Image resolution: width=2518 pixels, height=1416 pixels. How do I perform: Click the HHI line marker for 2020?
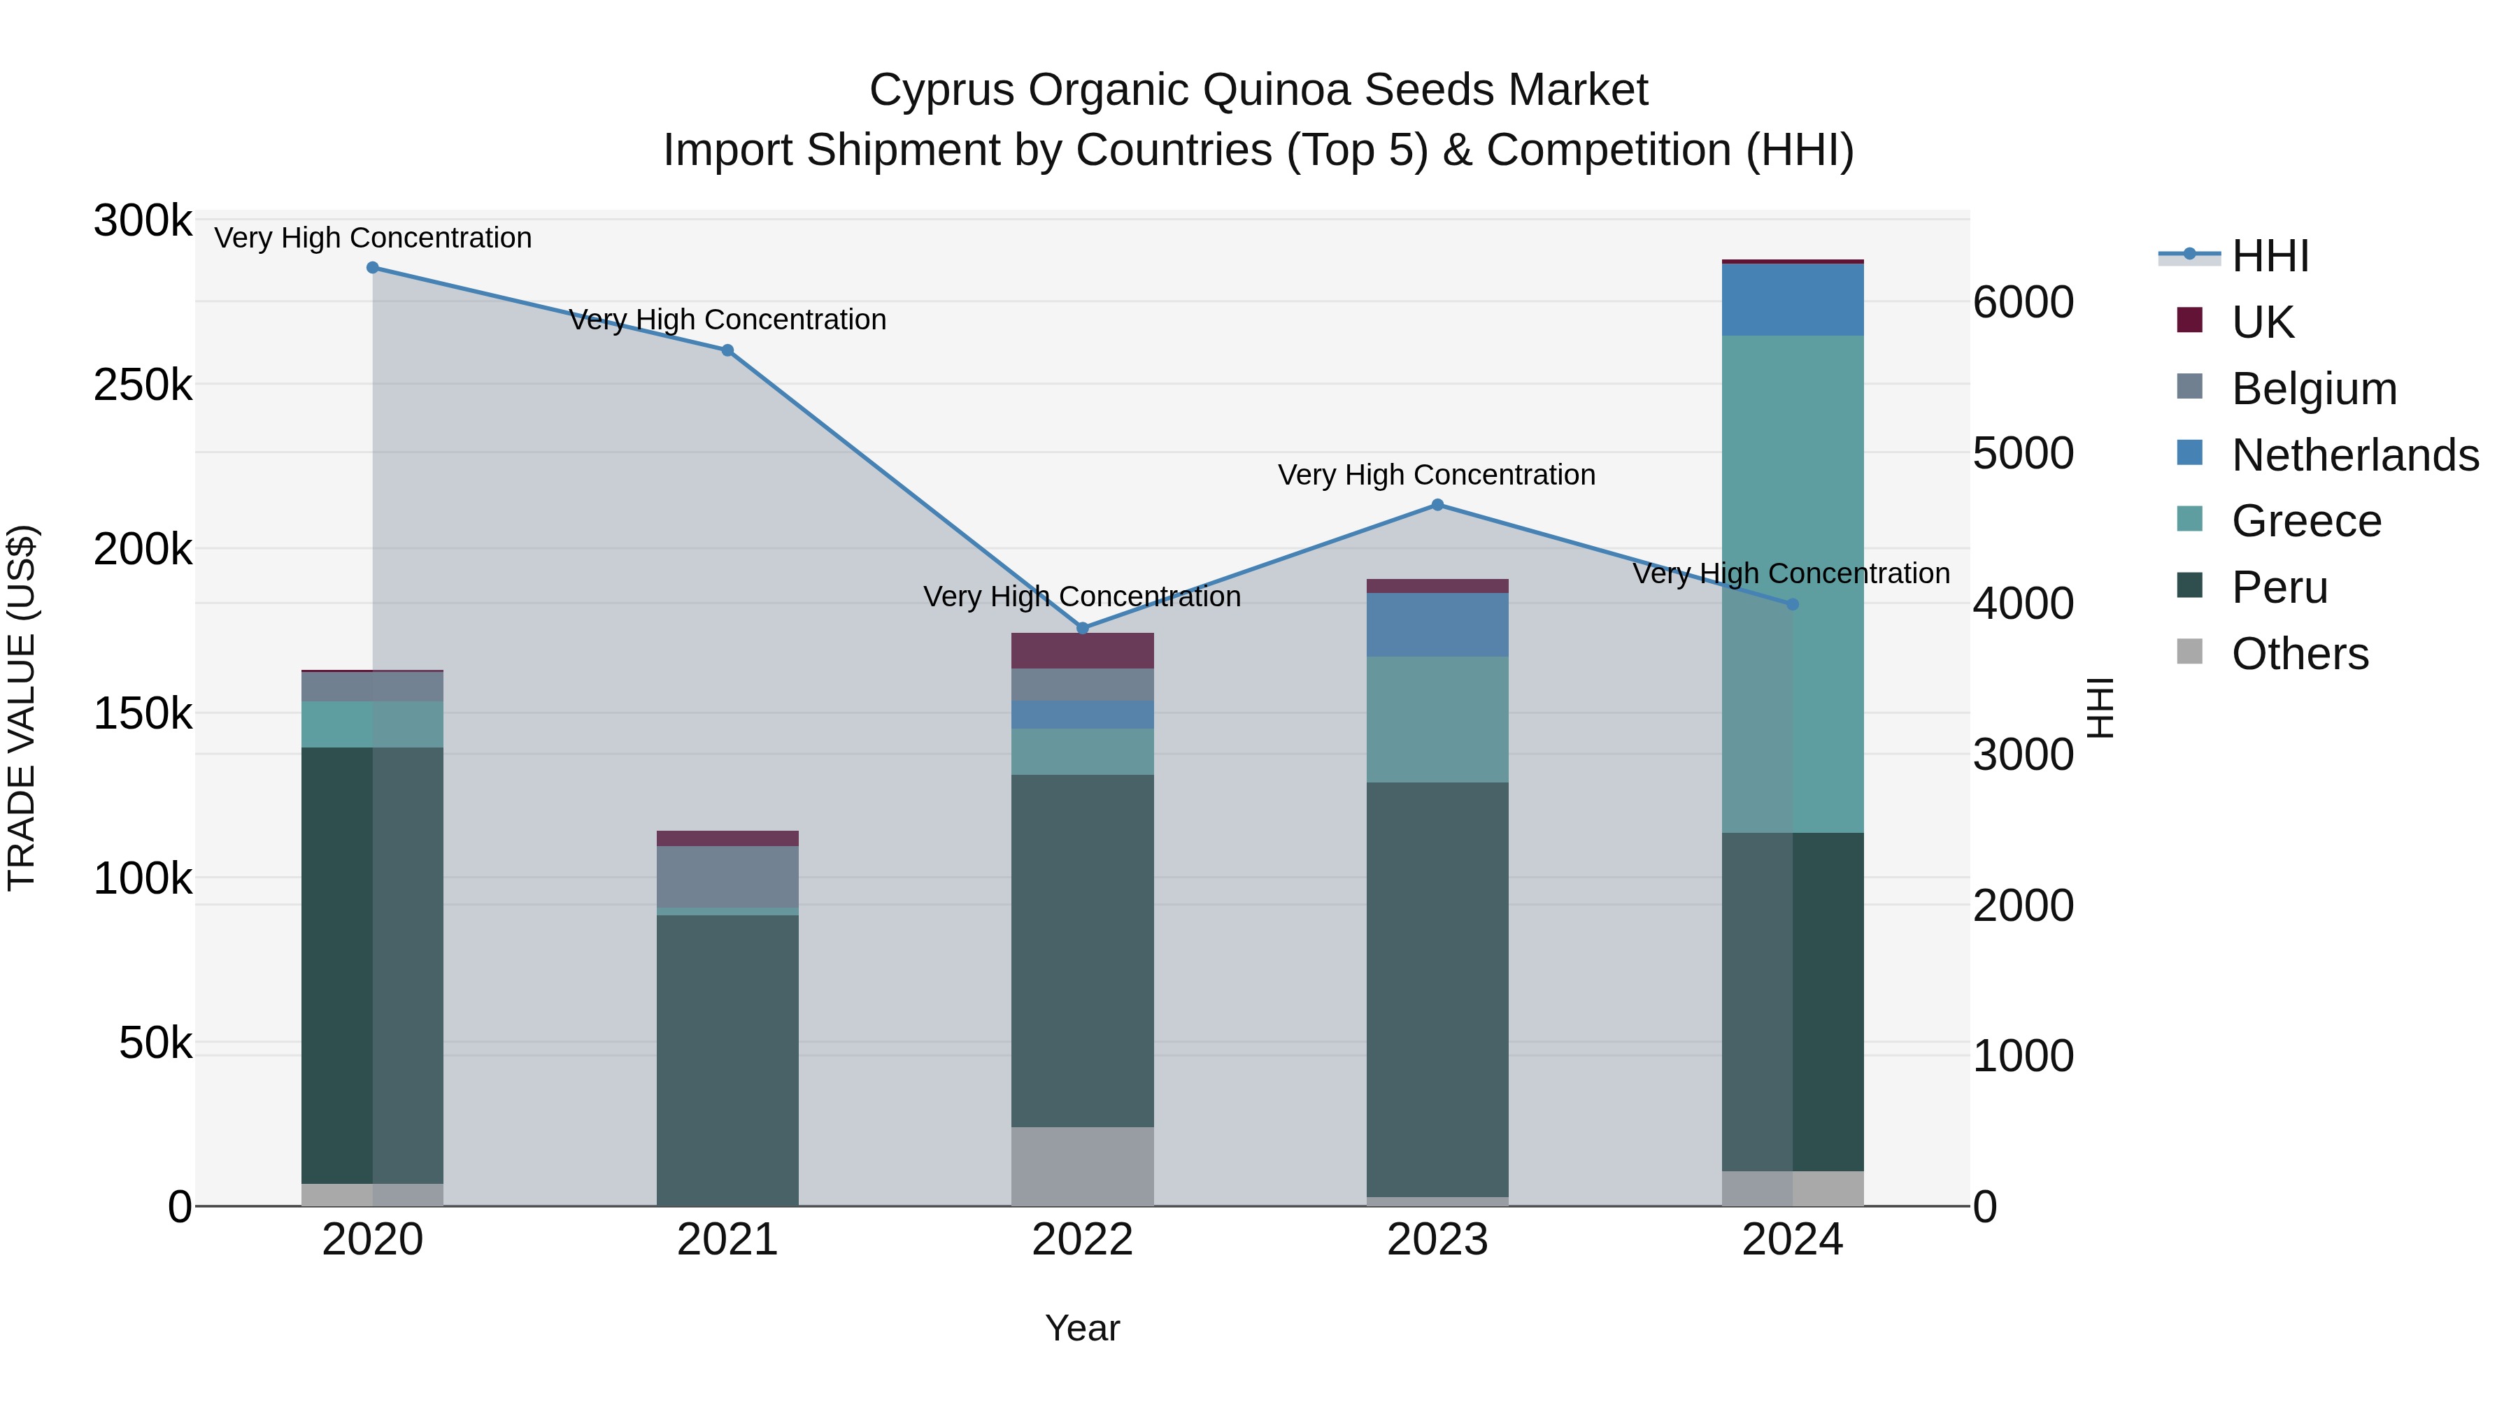372,268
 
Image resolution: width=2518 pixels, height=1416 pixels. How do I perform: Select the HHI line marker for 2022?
1082,629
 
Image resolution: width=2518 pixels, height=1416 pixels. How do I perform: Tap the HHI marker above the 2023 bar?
1437,506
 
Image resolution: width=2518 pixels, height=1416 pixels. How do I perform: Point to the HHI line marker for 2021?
727,350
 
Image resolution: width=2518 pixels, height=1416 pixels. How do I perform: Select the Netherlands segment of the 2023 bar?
1437,624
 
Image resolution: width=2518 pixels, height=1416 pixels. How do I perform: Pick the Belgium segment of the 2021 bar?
727,877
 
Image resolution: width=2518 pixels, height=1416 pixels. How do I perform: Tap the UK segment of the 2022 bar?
1082,651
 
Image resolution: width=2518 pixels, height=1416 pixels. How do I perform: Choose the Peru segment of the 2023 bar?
1437,989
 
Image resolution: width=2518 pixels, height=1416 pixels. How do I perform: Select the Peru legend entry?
2279,587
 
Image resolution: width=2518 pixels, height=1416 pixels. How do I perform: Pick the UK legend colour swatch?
2189,320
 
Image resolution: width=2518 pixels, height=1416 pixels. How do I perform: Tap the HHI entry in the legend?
2270,256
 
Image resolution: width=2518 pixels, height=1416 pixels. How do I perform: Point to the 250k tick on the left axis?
143,386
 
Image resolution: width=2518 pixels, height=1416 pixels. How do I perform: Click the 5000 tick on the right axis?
2022,453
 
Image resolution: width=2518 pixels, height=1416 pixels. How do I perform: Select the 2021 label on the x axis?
727,1240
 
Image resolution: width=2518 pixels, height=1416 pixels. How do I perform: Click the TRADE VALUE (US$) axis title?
22,708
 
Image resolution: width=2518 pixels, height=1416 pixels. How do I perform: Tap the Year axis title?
1082,1328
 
